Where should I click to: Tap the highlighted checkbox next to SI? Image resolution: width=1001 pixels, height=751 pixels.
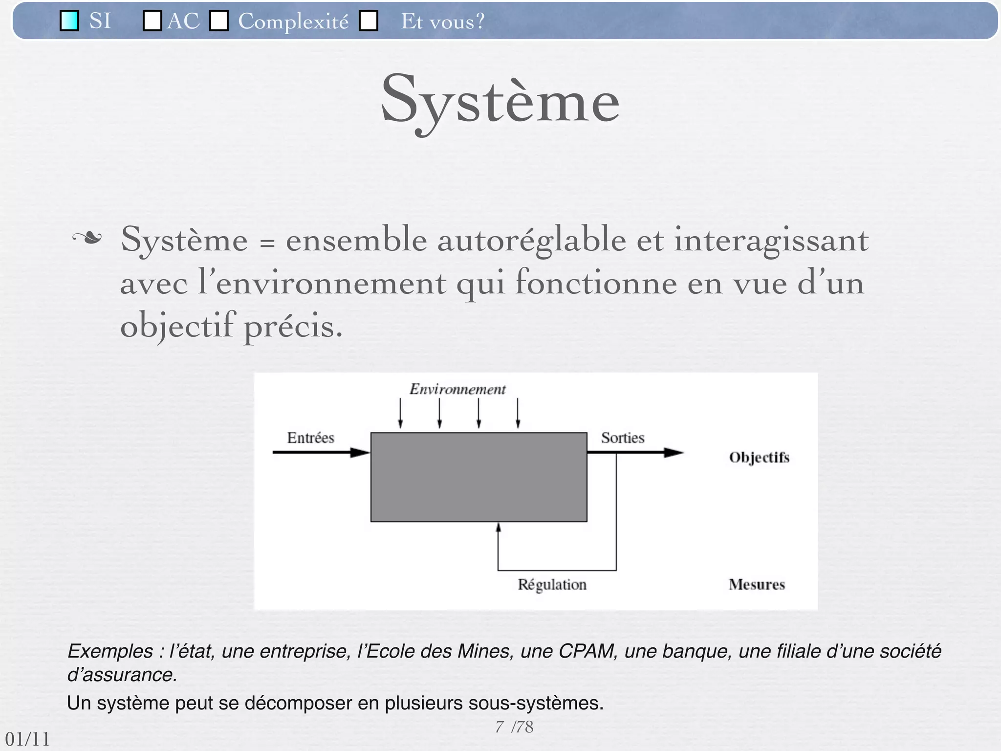click(69, 21)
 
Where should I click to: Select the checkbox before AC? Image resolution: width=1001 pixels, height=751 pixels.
click(152, 21)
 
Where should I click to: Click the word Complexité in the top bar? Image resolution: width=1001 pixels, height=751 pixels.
click(293, 22)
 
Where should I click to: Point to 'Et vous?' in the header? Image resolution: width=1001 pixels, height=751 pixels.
click(442, 22)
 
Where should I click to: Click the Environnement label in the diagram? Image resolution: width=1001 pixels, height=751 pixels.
click(457, 389)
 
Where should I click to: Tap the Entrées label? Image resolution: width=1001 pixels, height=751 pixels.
click(310, 438)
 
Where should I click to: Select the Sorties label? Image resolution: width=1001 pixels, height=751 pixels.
click(622, 438)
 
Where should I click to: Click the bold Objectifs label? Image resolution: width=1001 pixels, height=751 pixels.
click(759, 457)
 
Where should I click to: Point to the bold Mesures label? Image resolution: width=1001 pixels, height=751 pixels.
click(757, 584)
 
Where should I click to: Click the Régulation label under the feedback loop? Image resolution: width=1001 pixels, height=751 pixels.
click(552, 584)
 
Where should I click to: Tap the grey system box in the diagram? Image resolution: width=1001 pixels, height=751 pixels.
click(479, 477)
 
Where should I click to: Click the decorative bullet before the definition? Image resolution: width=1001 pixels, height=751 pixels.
click(87, 239)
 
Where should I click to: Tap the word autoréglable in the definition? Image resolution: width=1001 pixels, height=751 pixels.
click(531, 240)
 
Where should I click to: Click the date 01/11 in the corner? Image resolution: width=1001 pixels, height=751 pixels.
click(27, 739)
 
